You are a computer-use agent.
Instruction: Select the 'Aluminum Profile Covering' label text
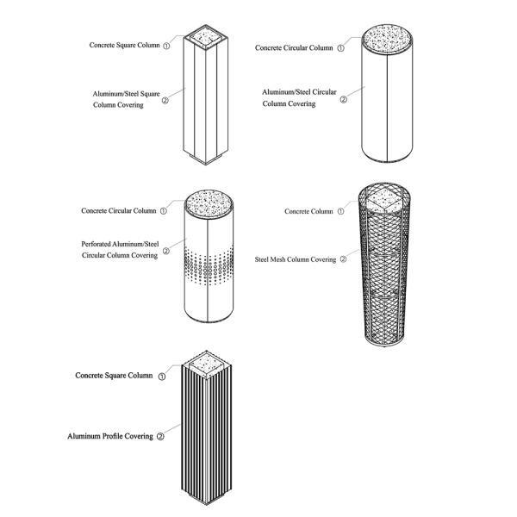point(110,437)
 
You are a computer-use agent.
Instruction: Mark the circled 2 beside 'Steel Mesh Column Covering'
point(343,258)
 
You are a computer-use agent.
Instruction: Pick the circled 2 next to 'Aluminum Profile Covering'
point(160,437)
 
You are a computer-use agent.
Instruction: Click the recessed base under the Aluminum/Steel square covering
point(205,162)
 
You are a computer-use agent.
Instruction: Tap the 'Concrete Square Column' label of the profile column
point(114,376)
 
